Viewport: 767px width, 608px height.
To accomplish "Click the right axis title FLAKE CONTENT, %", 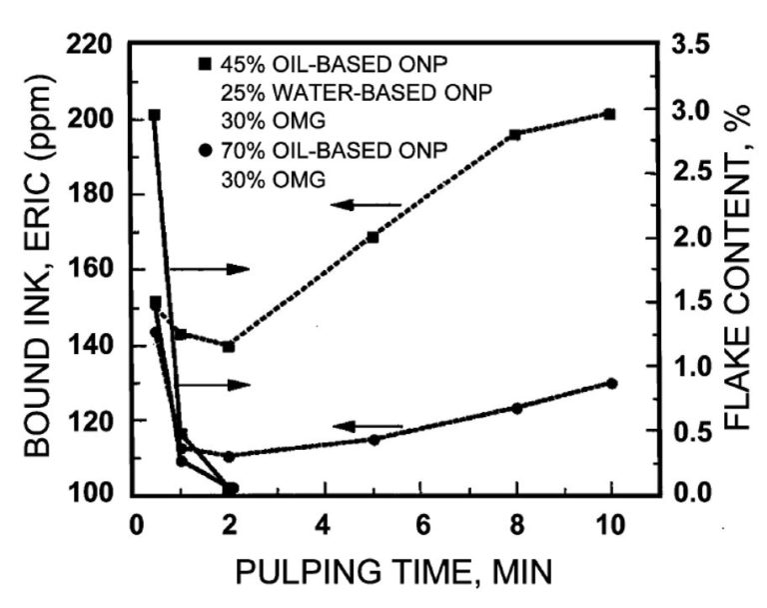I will coord(737,270).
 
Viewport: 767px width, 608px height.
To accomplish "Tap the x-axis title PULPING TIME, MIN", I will coord(394,572).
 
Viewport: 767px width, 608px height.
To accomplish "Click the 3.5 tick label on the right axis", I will coord(695,45).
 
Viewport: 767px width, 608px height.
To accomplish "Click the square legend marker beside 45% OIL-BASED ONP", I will coord(205,65).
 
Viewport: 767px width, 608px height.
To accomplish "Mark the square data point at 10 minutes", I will coord(610,114).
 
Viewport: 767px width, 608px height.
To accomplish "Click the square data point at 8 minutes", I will coord(515,134).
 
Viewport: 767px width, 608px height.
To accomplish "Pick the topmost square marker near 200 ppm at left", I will coord(154,115).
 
